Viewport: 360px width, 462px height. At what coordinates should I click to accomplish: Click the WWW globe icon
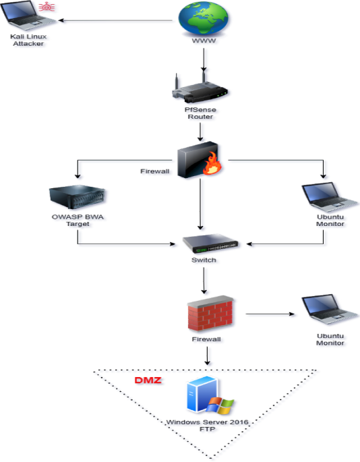204,19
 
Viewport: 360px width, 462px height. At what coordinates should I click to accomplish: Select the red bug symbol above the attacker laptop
47,7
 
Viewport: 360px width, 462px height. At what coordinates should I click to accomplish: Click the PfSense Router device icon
200,88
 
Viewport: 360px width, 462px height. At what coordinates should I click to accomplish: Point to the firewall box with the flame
199,160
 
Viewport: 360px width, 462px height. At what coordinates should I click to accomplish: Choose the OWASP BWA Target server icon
77,197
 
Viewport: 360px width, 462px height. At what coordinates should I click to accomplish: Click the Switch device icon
210,243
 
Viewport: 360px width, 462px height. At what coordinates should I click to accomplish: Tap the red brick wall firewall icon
210,314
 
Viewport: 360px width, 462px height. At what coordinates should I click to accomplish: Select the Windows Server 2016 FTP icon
210,395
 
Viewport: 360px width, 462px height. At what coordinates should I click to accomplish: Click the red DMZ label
148,380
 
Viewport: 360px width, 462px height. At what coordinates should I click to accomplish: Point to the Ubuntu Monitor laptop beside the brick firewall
329,310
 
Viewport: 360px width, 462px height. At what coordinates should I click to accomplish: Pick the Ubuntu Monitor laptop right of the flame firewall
330,197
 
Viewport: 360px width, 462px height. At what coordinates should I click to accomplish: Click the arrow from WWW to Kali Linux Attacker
115,20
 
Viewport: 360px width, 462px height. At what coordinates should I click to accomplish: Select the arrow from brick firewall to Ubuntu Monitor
270,314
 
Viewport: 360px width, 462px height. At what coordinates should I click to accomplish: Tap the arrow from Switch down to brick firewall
204,281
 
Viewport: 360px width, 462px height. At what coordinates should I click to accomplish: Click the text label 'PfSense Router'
200,113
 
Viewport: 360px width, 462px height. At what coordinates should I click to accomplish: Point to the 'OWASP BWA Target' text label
78,221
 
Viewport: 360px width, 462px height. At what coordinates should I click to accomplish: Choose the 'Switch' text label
204,260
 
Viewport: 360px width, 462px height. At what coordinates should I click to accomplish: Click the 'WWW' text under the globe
204,40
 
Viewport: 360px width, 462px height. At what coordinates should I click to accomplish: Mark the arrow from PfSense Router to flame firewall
200,132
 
